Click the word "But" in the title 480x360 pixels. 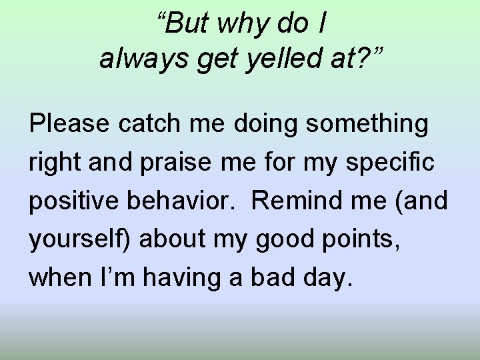[x=187, y=25]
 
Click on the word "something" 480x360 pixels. [x=364, y=123]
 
